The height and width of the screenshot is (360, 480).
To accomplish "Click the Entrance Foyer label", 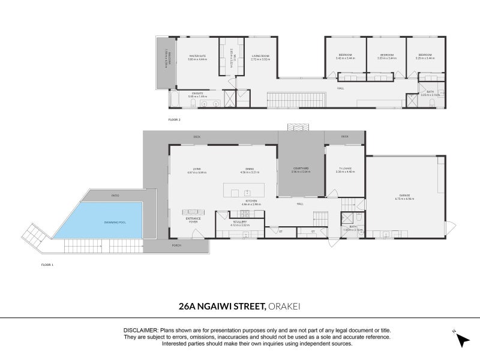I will (193, 220).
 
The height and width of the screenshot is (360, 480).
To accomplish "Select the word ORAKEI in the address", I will (284, 307).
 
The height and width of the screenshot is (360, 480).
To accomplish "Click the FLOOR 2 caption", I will (174, 119).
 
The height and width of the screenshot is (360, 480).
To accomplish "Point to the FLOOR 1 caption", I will (47, 264).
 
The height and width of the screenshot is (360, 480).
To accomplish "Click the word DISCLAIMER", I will (140, 331).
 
